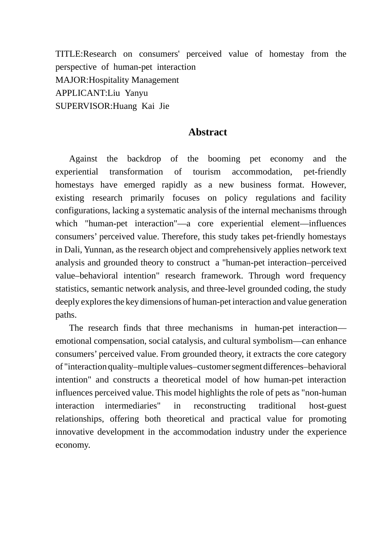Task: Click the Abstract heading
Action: tap(207, 132)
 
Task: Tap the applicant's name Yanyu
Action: tap(136, 93)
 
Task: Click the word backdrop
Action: tap(144, 159)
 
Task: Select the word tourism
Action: tap(207, 172)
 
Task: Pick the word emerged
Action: tap(139, 185)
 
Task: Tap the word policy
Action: tap(236, 198)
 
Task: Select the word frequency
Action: tap(328, 276)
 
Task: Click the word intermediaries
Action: tap(133, 406)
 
